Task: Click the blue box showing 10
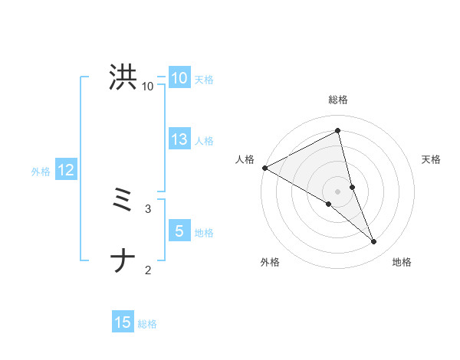click(x=179, y=78)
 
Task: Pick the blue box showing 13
click(x=179, y=139)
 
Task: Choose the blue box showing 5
click(x=179, y=231)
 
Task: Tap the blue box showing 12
click(x=65, y=170)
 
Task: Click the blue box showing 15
click(x=123, y=323)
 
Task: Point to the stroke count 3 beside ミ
click(x=148, y=208)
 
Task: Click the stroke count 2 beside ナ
click(x=148, y=270)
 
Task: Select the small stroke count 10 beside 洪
click(x=147, y=87)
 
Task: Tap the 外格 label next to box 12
click(x=41, y=172)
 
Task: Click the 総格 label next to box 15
click(x=147, y=325)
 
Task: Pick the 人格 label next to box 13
click(x=204, y=141)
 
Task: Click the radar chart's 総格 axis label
click(x=337, y=100)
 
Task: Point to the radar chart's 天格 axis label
click(x=431, y=159)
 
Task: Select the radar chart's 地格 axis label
click(x=402, y=263)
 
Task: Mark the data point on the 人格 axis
click(x=264, y=167)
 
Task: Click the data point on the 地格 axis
click(x=374, y=242)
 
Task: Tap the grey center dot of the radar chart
click(x=337, y=191)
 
